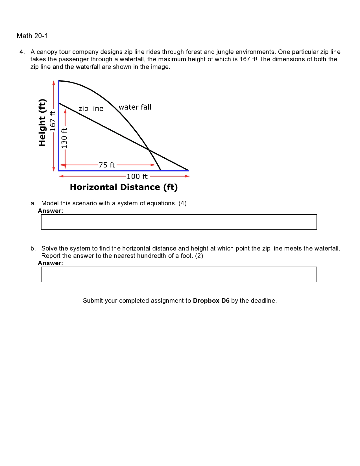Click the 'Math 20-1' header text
[32, 36]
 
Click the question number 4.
[22, 52]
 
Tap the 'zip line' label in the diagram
[91, 109]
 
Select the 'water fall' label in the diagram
[135, 107]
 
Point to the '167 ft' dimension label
[53, 121]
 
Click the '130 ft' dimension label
[64, 138]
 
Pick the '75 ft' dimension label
[107, 165]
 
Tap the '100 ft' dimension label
[137, 177]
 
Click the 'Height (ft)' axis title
[42, 123]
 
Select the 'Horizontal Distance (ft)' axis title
[124, 187]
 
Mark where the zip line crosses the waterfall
[149, 150]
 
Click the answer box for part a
[179, 222]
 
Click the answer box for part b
[179, 274]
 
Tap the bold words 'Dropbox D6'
[211, 301]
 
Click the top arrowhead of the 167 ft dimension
[54, 82]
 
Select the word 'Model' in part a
[50, 203]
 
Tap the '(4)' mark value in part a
[182, 203]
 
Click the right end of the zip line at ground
[188, 170]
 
